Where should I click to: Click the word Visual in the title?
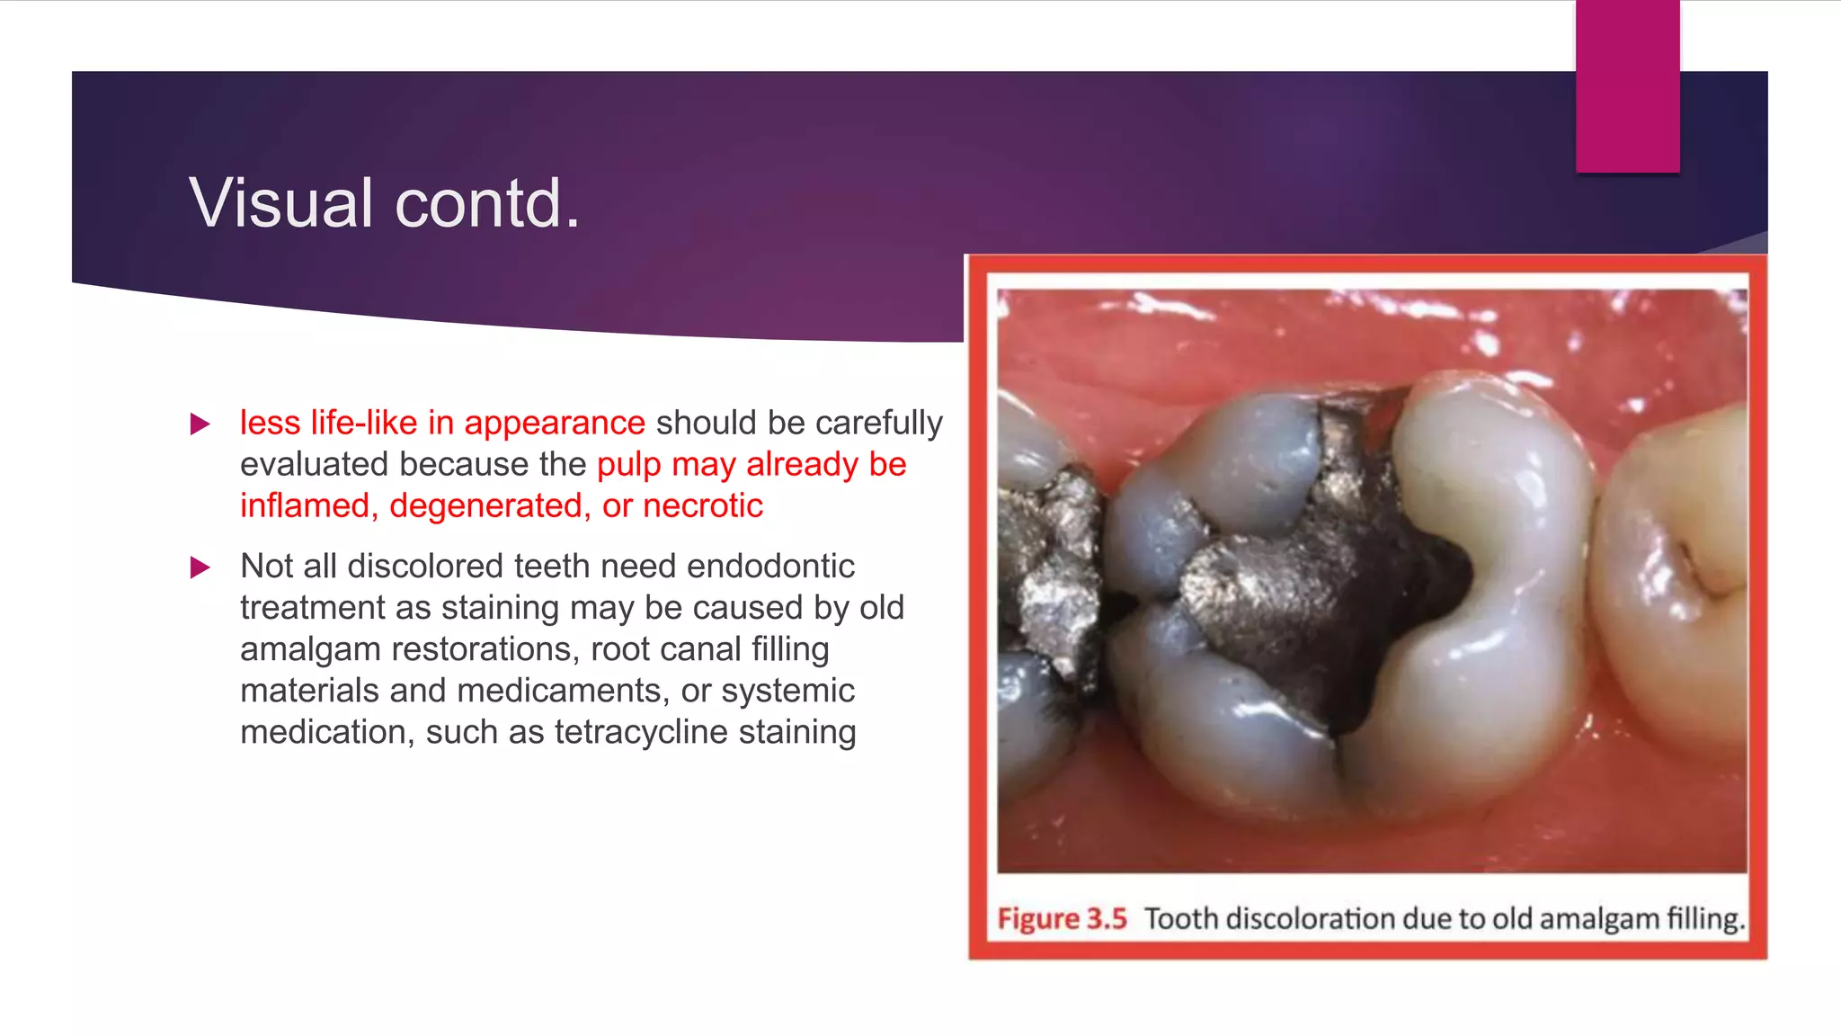pyautogui.click(x=280, y=203)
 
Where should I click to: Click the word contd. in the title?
pyautogui.click(x=487, y=203)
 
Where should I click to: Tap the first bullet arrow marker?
pyautogui.click(x=200, y=424)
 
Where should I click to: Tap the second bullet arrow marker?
pyautogui.click(x=200, y=567)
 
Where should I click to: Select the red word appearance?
pyautogui.click(x=554, y=423)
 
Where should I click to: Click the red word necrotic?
pyautogui.click(x=703, y=505)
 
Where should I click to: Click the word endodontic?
pyautogui.click(x=770, y=566)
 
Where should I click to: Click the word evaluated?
pyautogui.click(x=315, y=464)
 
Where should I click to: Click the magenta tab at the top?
pyautogui.click(x=1627, y=86)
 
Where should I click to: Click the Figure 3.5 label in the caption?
pyautogui.click(x=1062, y=918)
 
